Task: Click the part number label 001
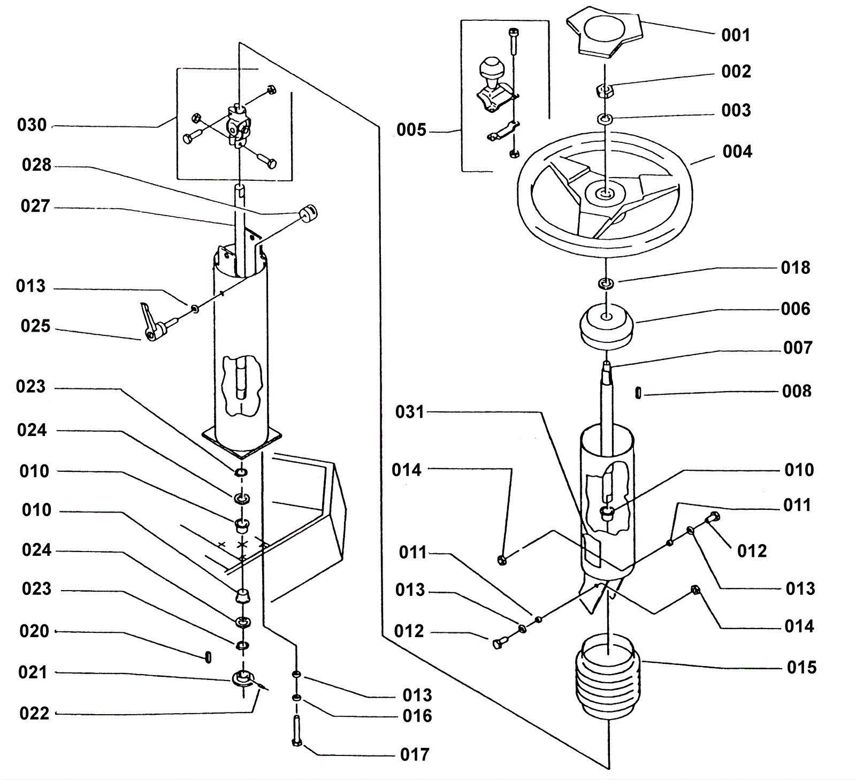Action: coord(736,35)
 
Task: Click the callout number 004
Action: coord(737,152)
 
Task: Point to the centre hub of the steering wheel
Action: coord(605,193)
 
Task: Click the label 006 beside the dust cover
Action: coord(796,309)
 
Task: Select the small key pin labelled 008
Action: coord(638,393)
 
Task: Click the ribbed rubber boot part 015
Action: coord(609,677)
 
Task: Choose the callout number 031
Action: coord(410,412)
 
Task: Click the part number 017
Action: coord(415,755)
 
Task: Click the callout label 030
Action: coord(32,125)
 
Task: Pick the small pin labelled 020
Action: coord(208,657)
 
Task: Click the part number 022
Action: coord(34,714)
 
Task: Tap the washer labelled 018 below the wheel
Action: coord(606,282)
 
